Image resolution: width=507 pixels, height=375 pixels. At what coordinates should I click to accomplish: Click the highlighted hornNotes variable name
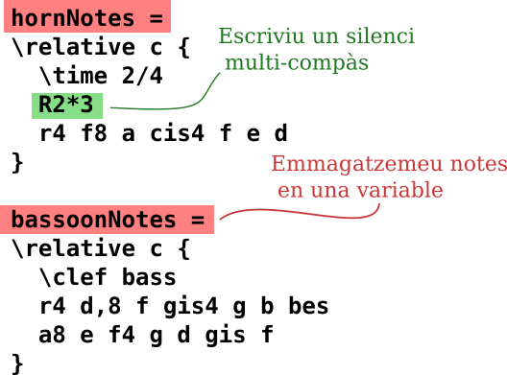[x=73, y=17]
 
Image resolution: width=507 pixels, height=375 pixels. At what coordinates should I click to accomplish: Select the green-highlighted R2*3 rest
[x=71, y=105]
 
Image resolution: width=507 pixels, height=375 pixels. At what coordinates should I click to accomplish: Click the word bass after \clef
[x=150, y=278]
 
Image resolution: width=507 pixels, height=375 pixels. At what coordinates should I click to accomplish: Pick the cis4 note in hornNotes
[x=178, y=133]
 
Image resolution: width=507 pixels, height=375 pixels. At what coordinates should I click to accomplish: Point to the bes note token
[x=308, y=307]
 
